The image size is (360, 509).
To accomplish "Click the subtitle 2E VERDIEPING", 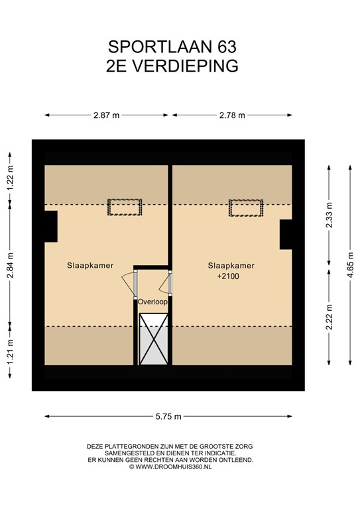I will pyautogui.click(x=172, y=66).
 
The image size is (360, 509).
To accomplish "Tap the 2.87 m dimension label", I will pyautogui.click(x=106, y=115).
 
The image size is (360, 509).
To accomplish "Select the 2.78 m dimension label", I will pyautogui.click(x=231, y=115).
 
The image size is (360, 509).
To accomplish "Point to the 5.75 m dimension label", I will pyautogui.click(x=168, y=416).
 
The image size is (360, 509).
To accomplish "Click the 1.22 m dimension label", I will pyautogui.click(x=10, y=179).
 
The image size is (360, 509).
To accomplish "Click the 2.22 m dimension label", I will pyautogui.click(x=330, y=316).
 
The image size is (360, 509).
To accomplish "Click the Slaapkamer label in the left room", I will pyautogui.click(x=90, y=265).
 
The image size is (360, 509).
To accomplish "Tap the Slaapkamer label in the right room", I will pyautogui.click(x=230, y=265).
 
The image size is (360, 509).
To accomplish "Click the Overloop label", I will pyautogui.click(x=152, y=302).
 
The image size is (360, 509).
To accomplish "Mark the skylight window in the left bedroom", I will pyautogui.click(x=125, y=207).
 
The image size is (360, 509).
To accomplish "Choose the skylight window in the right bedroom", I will pyautogui.click(x=246, y=207).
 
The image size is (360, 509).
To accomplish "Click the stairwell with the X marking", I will pyautogui.click(x=153, y=338).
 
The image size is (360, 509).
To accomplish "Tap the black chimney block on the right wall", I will pyautogui.click(x=286, y=235).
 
